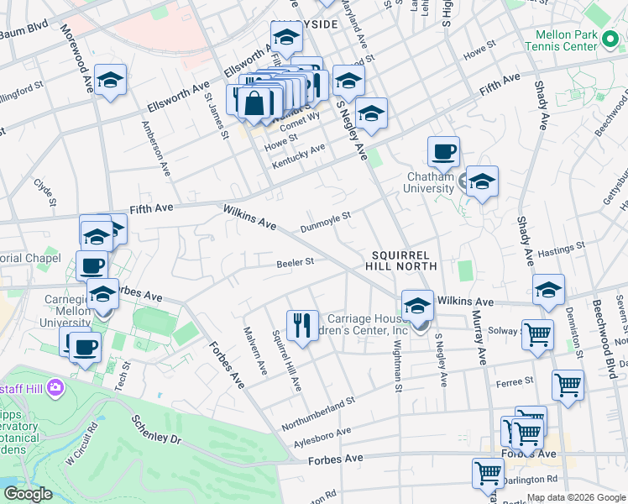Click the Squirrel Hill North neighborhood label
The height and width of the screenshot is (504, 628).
point(397,260)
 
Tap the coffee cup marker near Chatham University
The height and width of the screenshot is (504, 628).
point(443,152)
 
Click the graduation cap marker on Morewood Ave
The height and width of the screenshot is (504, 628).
point(110,80)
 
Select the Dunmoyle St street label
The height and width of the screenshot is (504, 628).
point(325,222)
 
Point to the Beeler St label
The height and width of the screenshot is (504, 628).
point(295,263)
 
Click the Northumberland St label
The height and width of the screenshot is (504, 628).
point(318,412)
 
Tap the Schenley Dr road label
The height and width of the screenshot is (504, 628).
point(157,428)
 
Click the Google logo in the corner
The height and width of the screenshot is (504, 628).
point(28,494)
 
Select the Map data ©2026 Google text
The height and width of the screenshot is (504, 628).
point(576,497)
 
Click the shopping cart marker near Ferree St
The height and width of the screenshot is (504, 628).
point(568,385)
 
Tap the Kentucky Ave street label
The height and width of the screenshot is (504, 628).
point(298,155)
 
